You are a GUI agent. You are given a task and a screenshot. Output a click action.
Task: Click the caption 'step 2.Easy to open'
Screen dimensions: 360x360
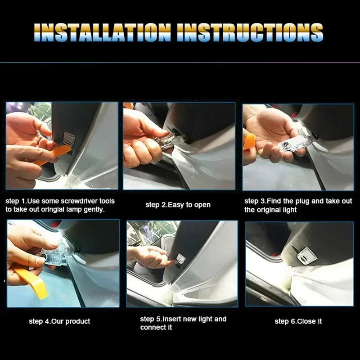(178, 205)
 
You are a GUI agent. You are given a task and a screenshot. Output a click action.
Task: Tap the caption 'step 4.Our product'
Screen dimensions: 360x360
(59, 321)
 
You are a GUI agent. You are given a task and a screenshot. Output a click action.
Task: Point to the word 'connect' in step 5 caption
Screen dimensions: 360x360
(153, 327)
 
